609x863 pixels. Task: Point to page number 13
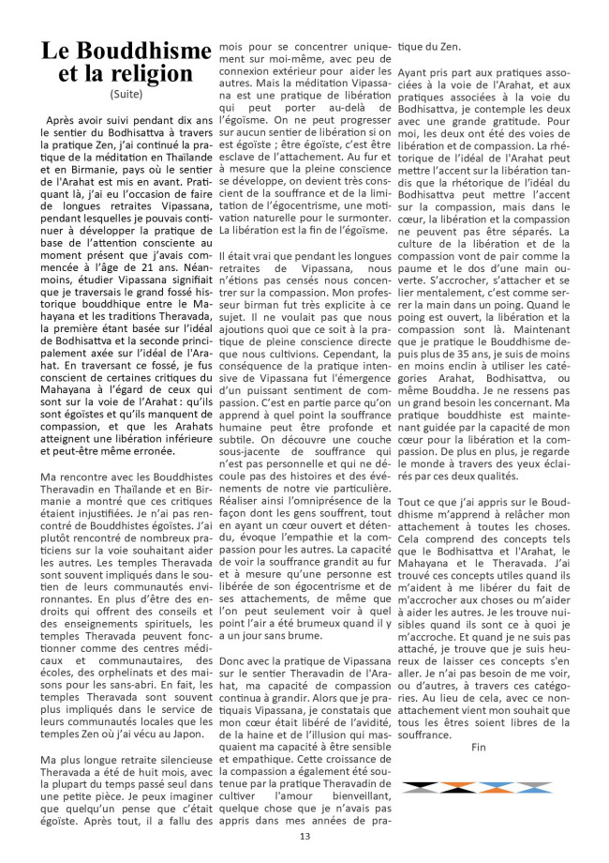[x=304, y=837]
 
